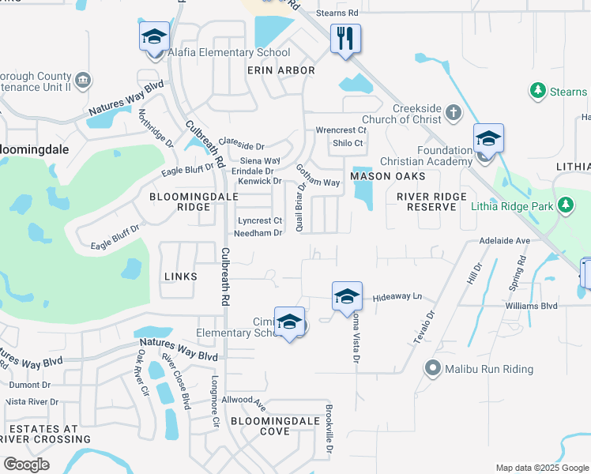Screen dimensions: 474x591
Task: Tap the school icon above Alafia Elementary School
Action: (155, 36)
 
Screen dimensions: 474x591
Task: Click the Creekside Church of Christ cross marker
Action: (454, 112)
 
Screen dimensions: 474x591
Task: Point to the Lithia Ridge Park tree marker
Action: (565, 205)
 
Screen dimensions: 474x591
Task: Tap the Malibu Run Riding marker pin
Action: (432, 369)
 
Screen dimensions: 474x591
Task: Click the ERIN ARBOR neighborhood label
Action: (280, 70)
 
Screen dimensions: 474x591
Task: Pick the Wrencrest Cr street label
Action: (341, 130)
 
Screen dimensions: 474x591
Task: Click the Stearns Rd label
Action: (336, 13)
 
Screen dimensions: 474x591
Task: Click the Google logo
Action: (26, 465)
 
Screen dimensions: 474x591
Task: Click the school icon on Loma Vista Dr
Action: (347, 297)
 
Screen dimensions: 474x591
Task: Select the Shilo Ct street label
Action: (347, 143)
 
